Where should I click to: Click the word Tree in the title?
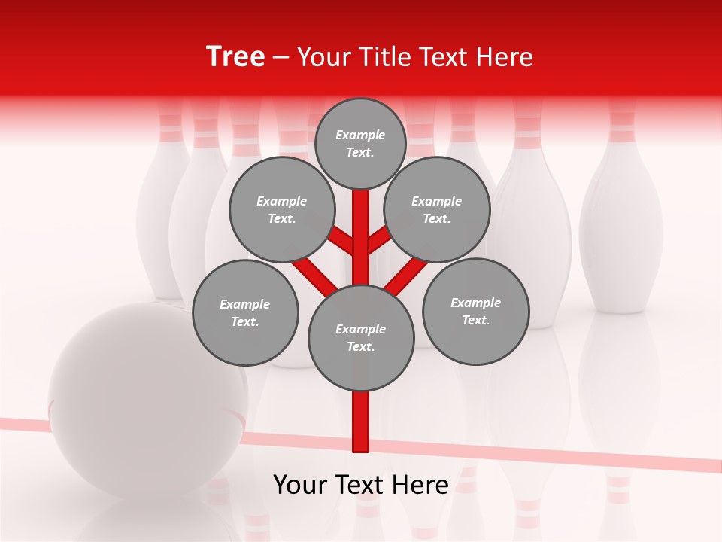(x=235, y=56)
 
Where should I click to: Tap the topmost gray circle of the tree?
(x=360, y=143)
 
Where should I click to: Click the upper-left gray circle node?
(x=281, y=209)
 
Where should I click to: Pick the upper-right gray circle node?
(x=437, y=209)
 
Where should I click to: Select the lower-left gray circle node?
(x=245, y=312)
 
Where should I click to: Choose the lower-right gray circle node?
(x=475, y=311)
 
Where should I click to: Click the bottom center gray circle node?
(x=361, y=337)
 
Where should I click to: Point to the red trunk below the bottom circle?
(x=361, y=422)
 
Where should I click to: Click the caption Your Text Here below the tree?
(x=360, y=485)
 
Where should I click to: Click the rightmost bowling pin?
(x=621, y=218)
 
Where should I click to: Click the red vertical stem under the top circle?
(x=361, y=226)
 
